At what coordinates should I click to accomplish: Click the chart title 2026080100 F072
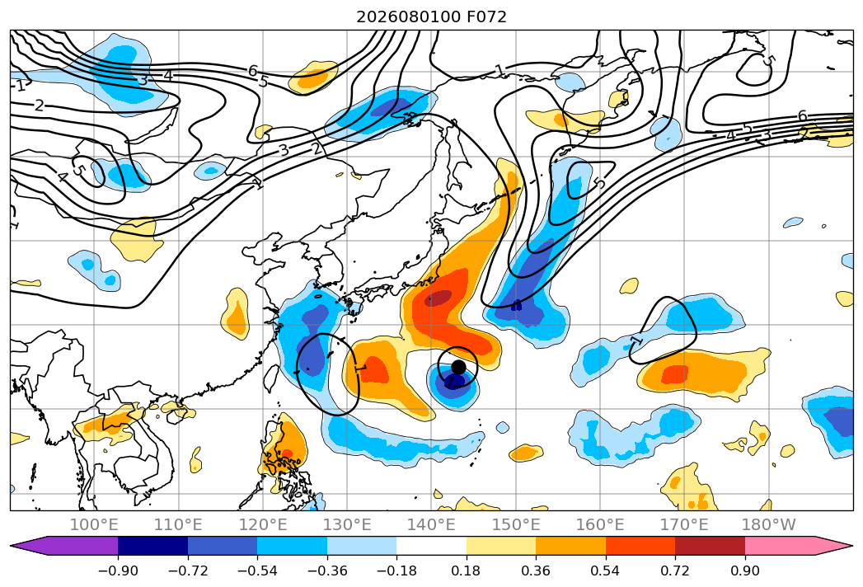(432, 16)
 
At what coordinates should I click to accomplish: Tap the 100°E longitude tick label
(94, 524)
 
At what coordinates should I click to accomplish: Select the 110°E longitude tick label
(178, 524)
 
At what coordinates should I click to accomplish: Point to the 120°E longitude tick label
(263, 524)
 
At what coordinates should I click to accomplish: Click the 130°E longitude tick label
(347, 524)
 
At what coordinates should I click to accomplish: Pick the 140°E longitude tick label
(432, 524)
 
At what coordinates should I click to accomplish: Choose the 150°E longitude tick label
(516, 524)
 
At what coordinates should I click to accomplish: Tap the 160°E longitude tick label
(600, 524)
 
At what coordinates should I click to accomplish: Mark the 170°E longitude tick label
(684, 524)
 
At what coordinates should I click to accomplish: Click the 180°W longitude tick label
(768, 524)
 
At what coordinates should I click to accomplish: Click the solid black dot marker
(458, 367)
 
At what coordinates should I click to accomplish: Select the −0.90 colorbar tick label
(118, 571)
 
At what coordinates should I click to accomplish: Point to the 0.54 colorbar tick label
(606, 571)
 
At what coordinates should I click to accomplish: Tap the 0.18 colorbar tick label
(467, 571)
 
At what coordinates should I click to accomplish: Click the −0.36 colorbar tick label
(327, 571)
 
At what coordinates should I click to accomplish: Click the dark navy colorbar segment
(153, 546)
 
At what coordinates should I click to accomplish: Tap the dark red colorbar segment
(710, 546)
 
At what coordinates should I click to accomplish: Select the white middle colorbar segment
(432, 546)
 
